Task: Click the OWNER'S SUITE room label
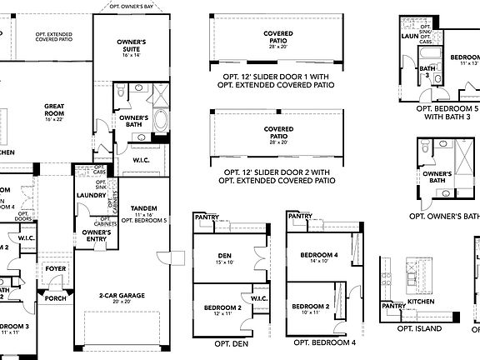pyautogui.click(x=130, y=44)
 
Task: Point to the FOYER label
pyautogui.click(x=56, y=269)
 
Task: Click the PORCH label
pyautogui.click(x=56, y=297)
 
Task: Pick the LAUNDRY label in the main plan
pyautogui.click(x=90, y=196)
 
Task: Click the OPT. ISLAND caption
pyautogui.click(x=419, y=327)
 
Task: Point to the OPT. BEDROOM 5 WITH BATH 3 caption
pyautogui.click(x=447, y=112)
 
